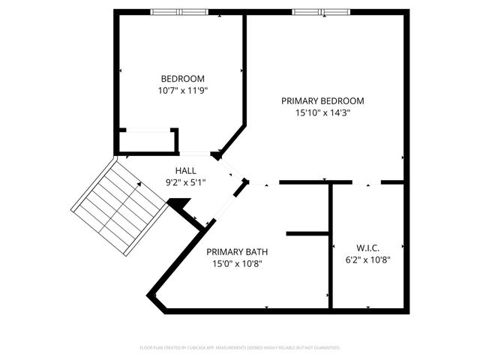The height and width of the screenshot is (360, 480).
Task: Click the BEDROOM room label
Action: tap(182, 79)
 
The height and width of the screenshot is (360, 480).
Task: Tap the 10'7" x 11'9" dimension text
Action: tap(182, 91)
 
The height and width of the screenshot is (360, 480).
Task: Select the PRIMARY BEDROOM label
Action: tap(322, 100)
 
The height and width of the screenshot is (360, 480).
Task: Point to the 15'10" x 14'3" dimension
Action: tap(323, 113)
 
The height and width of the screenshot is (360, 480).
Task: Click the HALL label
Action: tap(186, 170)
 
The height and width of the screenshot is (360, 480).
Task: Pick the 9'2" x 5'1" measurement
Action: tap(186, 182)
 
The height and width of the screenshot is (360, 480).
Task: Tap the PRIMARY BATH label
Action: tap(237, 252)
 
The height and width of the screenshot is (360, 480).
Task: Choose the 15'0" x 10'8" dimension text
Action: tap(237, 264)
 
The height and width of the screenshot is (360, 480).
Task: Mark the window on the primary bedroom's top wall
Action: tap(319, 12)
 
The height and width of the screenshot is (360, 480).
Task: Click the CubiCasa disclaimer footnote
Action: tap(240, 348)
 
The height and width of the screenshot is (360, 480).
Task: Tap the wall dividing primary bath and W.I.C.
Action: tap(331, 247)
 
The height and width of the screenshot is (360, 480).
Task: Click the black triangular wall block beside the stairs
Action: tap(178, 204)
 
